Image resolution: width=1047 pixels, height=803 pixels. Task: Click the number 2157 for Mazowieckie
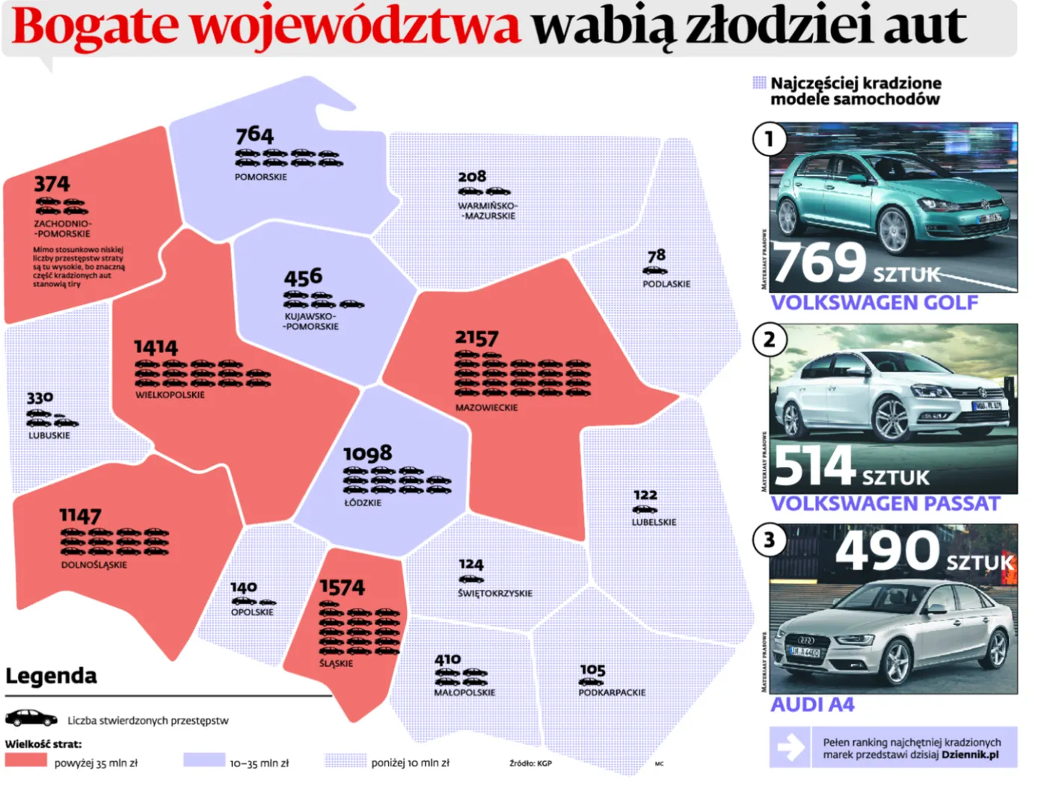[x=476, y=338]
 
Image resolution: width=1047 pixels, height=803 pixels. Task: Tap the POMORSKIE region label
[x=260, y=177]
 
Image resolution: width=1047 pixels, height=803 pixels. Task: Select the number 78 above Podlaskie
[x=656, y=256]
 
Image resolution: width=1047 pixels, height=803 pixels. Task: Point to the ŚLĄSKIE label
[x=336, y=663]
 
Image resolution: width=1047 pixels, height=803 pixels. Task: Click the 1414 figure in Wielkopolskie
[x=156, y=348]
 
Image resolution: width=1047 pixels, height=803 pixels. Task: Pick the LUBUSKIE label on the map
[x=49, y=435]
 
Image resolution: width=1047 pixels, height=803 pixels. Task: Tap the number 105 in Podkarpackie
[x=592, y=670]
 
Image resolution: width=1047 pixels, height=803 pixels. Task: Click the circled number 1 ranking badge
[x=769, y=139]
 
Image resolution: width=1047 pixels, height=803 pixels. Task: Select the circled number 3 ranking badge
[x=769, y=540]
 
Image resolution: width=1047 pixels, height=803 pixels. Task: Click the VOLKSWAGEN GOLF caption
[x=874, y=303]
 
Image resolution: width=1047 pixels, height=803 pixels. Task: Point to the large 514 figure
[x=814, y=466]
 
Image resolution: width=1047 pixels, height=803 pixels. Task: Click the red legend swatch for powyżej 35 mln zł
[x=26, y=760]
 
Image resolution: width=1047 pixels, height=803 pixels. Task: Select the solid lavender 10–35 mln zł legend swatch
[x=204, y=760]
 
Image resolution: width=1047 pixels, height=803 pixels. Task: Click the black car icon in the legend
[x=31, y=719]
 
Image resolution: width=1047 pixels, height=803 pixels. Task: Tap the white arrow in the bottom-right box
[x=790, y=746]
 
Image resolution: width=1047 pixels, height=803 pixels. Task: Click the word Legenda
[x=51, y=676]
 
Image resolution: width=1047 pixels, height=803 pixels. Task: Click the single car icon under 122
[x=645, y=509]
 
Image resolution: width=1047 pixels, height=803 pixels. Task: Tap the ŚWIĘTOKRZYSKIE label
[x=495, y=593]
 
